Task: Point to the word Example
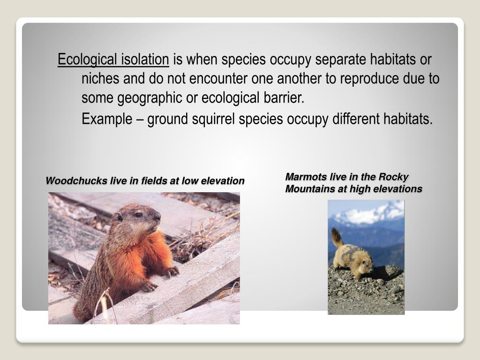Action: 107,119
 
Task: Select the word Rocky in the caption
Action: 394,177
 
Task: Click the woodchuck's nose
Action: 157,217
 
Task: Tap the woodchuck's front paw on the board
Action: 171,271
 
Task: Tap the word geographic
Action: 149,98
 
